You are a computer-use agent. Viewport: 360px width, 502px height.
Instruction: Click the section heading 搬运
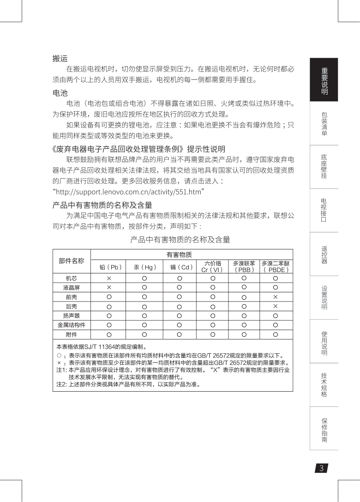(x=60, y=59)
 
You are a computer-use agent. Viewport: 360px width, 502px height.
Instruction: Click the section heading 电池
(x=60, y=93)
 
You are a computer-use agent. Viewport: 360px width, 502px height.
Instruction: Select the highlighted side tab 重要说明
(x=324, y=80)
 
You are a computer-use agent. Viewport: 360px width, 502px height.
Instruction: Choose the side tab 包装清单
(x=324, y=123)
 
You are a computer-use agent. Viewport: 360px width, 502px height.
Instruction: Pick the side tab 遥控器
(x=324, y=254)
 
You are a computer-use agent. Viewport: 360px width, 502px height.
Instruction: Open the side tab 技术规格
(x=324, y=385)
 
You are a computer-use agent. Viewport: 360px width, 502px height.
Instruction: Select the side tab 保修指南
(x=324, y=429)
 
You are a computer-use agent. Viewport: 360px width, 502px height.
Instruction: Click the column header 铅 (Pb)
(x=109, y=266)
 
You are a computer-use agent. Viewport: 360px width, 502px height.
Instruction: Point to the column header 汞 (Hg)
(x=145, y=266)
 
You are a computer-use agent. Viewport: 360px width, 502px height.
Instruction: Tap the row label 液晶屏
(x=72, y=287)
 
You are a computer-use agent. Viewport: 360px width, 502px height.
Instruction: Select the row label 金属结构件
(x=72, y=325)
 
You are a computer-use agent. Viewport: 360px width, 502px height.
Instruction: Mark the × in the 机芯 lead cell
(x=109, y=278)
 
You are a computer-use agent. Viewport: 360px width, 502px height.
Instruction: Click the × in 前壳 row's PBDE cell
(x=276, y=296)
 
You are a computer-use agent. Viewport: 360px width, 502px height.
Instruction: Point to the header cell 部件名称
(x=72, y=261)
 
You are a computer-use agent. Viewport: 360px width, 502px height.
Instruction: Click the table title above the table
(x=180, y=240)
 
